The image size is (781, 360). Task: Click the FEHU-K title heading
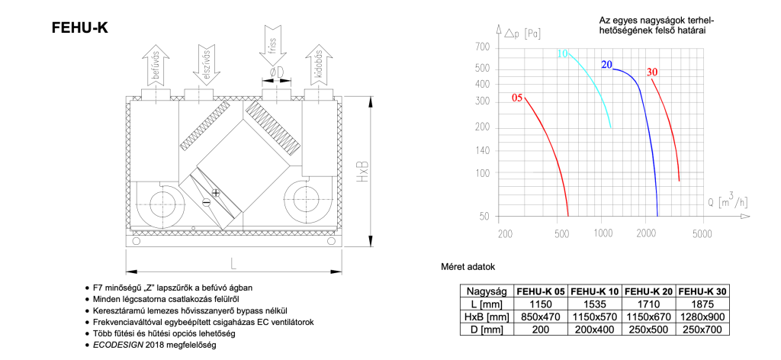coord(79,28)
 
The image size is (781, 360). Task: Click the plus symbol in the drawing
coord(215,192)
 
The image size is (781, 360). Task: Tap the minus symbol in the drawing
coord(206,202)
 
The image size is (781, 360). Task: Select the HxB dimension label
coord(365,172)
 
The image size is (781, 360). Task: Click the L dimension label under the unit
coord(233,263)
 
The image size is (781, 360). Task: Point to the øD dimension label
coord(276,72)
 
